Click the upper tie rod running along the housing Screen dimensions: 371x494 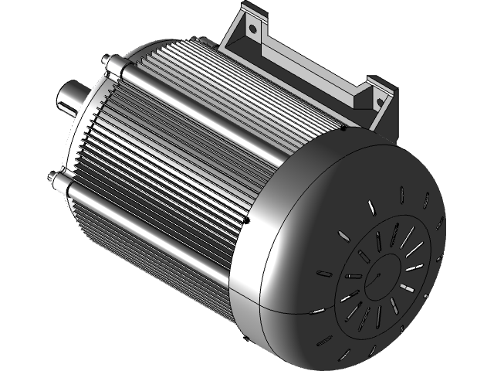[x=224, y=100]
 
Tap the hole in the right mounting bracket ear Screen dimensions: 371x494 [x=379, y=100]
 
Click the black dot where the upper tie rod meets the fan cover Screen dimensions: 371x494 [x=343, y=128]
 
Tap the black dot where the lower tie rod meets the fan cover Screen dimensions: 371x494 [x=247, y=220]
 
